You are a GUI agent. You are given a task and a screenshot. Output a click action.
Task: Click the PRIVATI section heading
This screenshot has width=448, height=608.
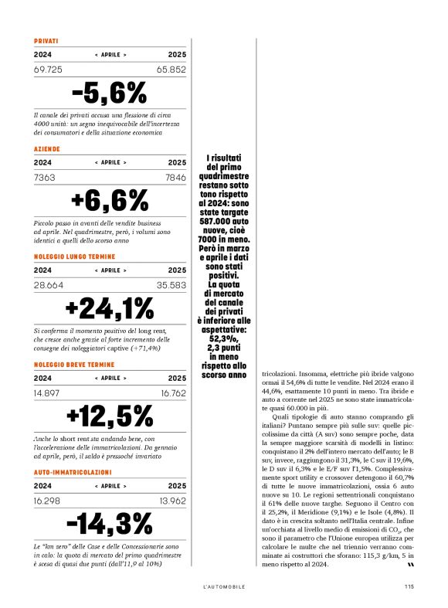46,41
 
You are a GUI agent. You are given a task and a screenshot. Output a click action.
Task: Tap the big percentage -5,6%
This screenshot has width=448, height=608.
110,93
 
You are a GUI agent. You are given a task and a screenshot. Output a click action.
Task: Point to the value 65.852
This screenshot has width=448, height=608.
171,70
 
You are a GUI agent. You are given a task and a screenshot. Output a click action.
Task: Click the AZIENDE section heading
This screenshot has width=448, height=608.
47,149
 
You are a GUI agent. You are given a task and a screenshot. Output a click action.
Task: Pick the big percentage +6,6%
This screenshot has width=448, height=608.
110,201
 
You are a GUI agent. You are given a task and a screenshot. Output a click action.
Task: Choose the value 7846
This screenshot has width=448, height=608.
175,178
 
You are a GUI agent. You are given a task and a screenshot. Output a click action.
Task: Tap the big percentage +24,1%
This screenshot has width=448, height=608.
110,308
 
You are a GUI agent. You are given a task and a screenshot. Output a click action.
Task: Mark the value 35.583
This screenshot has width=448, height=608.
171,284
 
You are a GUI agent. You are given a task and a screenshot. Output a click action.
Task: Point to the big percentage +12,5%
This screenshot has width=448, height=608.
110,416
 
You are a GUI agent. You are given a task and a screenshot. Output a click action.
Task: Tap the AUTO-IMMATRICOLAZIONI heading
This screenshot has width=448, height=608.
73,471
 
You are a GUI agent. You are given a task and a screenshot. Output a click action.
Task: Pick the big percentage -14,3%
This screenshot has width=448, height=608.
110,524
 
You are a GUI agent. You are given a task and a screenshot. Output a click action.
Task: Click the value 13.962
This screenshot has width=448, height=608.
171,500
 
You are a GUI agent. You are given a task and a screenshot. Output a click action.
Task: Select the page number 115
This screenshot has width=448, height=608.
409,586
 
